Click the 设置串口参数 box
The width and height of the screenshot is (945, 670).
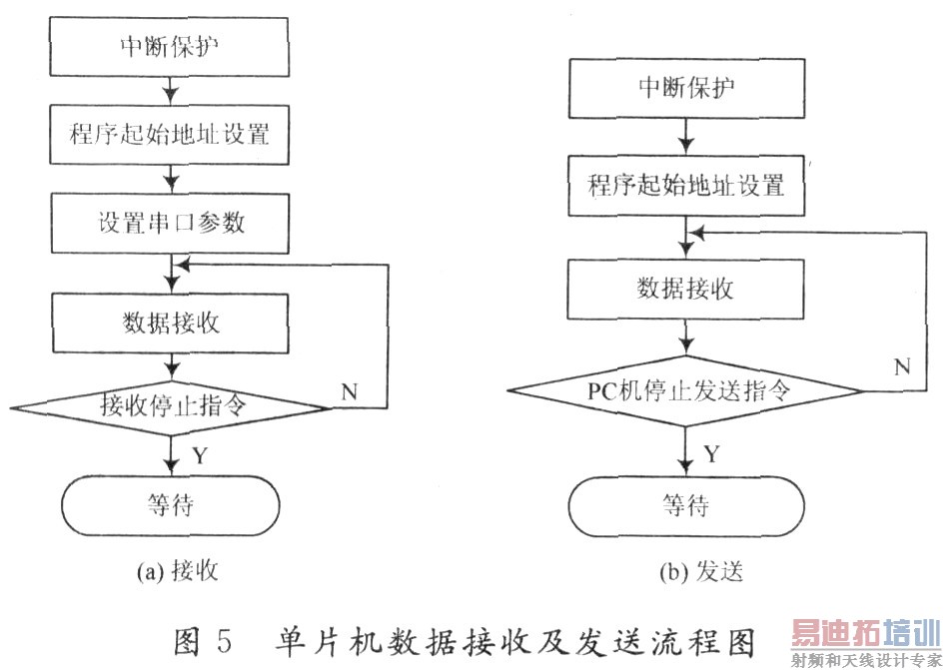(170, 223)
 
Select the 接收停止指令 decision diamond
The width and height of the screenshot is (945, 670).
(171, 407)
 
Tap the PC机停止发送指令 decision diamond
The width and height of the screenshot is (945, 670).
(686, 390)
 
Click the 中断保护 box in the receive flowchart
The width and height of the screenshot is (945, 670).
(169, 46)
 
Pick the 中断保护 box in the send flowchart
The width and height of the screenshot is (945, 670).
(686, 88)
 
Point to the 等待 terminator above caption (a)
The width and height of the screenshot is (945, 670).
(171, 505)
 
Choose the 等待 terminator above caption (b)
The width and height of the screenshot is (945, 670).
(686, 506)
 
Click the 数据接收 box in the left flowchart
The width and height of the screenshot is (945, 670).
(171, 323)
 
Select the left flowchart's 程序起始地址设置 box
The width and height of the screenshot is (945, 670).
(170, 135)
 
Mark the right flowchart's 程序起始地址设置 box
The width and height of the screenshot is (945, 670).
(686, 186)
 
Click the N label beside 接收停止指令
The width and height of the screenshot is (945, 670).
(350, 392)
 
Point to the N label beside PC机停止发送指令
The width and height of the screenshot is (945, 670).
(902, 366)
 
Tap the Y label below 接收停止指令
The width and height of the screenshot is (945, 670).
(200, 456)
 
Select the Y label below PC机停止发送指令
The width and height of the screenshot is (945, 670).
(712, 453)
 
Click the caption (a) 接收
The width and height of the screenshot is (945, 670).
(177, 570)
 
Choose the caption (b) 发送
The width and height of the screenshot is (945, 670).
(701, 571)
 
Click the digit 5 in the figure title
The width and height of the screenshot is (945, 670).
(223, 641)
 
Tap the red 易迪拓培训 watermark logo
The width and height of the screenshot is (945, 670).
(866, 633)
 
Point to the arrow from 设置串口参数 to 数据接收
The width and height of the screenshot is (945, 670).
(172, 274)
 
